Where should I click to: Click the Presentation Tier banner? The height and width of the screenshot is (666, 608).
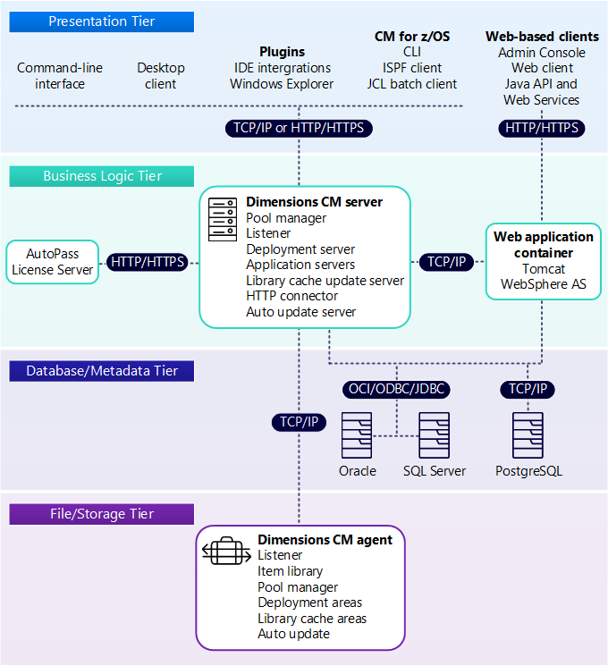point(102,21)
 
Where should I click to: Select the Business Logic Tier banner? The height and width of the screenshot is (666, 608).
point(102,176)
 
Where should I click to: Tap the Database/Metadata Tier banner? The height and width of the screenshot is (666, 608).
point(102,370)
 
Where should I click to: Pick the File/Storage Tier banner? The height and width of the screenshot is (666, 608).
point(102,514)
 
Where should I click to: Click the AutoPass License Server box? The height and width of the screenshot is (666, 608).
point(53,262)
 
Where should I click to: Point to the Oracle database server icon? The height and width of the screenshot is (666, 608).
point(357,435)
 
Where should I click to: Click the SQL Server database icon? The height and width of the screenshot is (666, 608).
point(434,435)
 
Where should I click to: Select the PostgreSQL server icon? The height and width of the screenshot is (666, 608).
point(528,435)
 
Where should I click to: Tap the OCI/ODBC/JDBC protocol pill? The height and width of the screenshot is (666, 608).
point(395,389)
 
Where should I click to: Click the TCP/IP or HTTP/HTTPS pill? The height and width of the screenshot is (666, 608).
point(299,128)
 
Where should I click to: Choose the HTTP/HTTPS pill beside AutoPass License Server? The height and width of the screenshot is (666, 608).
point(148,262)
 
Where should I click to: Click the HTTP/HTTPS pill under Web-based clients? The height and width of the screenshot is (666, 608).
point(542,128)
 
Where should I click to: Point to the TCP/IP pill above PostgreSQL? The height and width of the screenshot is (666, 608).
point(528,389)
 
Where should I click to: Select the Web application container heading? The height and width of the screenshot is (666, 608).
point(543,245)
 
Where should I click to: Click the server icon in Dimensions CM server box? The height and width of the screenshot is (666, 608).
point(222,218)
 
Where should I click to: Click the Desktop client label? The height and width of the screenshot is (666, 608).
point(161,76)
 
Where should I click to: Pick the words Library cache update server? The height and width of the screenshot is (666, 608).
point(325,280)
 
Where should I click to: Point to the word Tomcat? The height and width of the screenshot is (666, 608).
point(543,269)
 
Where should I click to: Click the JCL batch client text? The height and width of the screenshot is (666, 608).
point(411,84)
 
